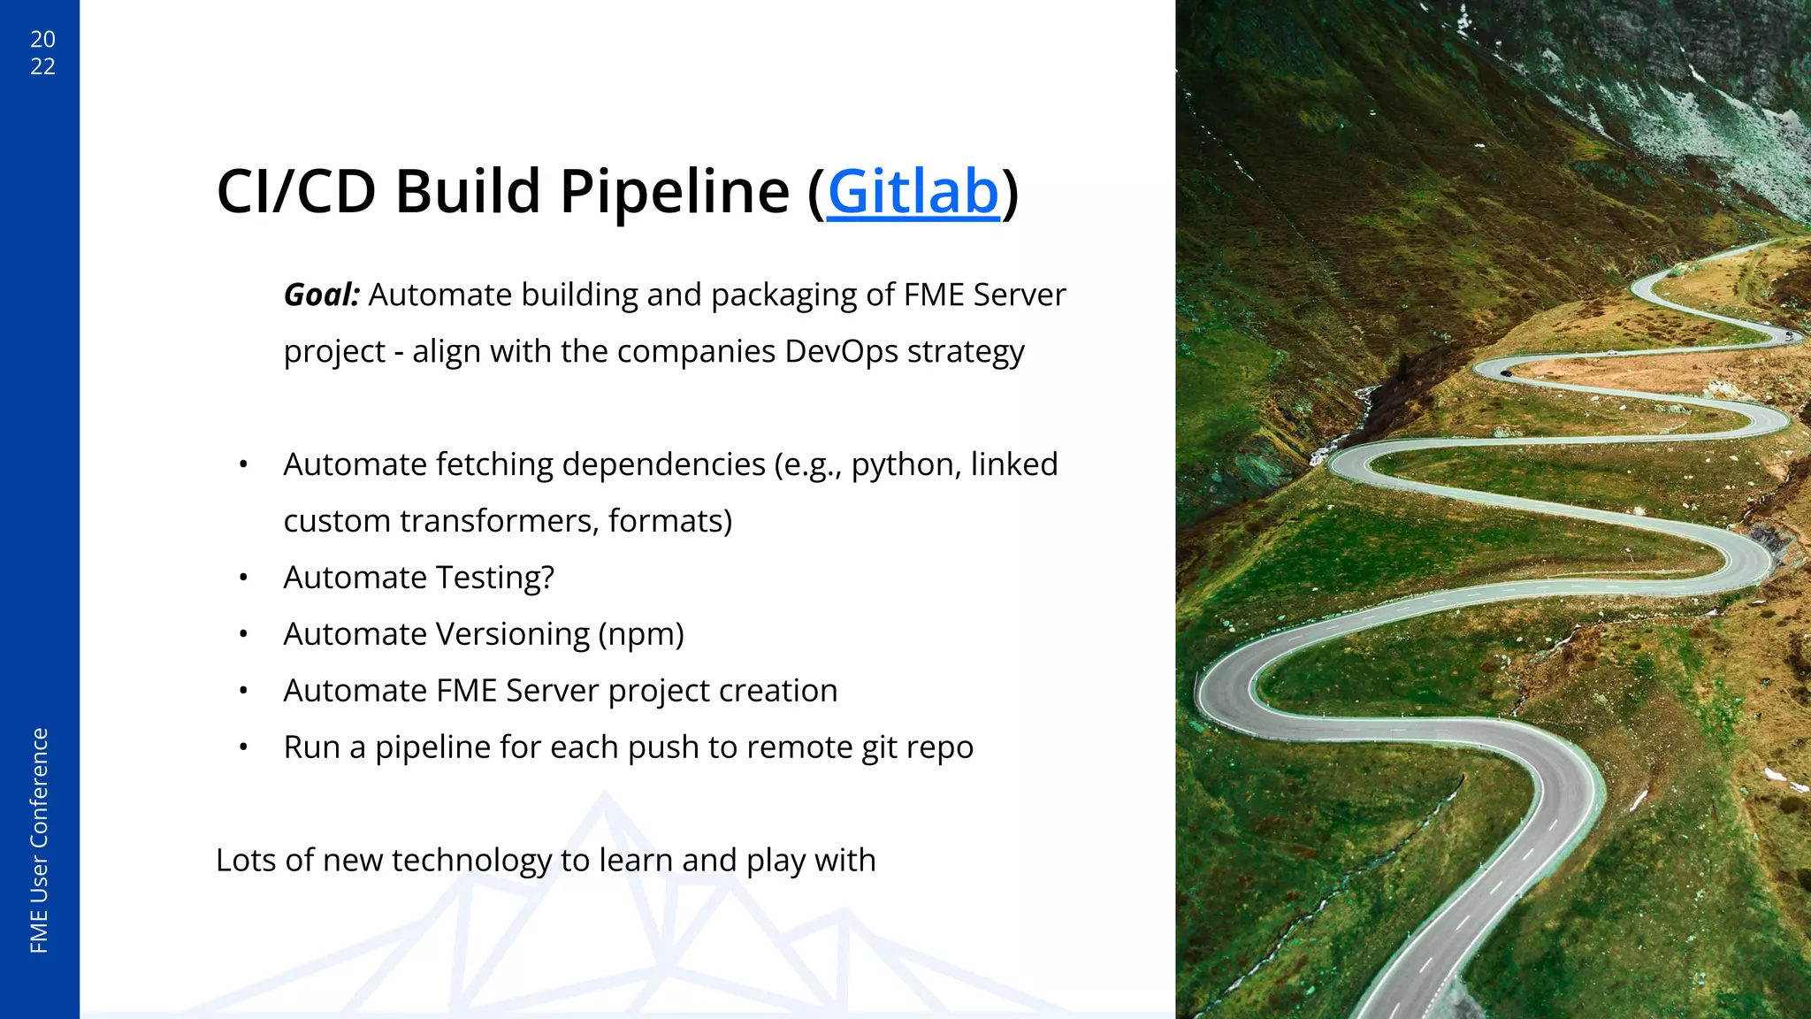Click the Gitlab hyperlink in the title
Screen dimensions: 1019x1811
[x=913, y=192]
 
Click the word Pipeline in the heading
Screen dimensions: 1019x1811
[x=674, y=192]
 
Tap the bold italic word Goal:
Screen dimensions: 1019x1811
[x=322, y=295]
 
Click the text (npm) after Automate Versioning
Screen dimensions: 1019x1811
[x=641, y=635]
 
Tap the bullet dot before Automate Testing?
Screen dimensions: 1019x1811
[x=243, y=578]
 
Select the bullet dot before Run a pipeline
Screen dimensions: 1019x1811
[x=243, y=748]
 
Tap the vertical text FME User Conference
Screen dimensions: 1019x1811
[x=40, y=840]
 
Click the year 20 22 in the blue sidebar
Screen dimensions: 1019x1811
[x=42, y=52]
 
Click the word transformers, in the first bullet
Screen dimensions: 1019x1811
[x=498, y=522]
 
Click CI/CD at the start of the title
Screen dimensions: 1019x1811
[x=296, y=192]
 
